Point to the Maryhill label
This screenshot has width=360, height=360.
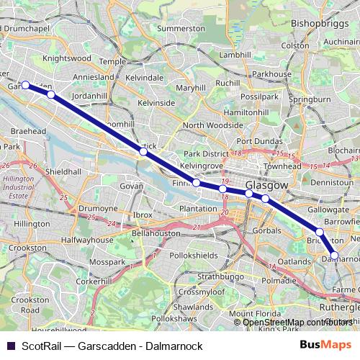tap(190, 88)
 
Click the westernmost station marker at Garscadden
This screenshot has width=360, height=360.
tap(25, 85)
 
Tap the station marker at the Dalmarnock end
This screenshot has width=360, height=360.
tap(334, 255)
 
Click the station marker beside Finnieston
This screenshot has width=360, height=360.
tap(196, 183)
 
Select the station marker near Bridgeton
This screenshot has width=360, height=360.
tap(320, 232)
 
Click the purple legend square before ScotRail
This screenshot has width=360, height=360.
tap(10, 345)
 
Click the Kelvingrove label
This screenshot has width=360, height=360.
tap(199, 166)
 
